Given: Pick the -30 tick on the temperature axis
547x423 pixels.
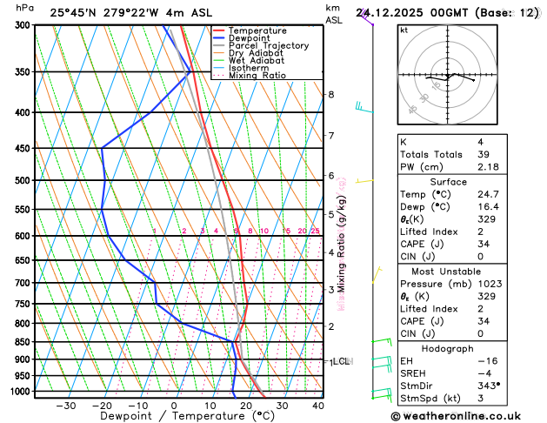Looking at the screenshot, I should pos(65,406).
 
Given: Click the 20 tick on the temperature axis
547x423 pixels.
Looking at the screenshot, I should pos(246,406).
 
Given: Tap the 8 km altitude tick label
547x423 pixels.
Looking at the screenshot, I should pos(330,94).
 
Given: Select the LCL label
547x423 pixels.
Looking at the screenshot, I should pos(340,361).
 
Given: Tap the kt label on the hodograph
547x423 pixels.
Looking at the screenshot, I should pos(404,30).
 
